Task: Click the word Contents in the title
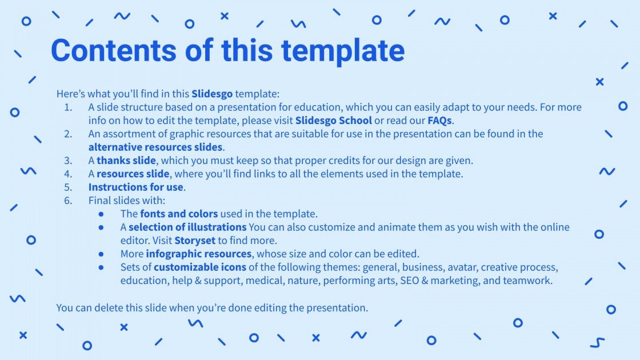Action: point(114,50)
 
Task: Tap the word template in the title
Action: point(343,51)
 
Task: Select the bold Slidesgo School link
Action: point(334,121)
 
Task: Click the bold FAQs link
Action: point(439,121)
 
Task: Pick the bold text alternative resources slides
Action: point(155,147)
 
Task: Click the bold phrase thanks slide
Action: point(126,161)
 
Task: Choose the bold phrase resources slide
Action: point(133,174)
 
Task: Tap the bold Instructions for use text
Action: point(135,187)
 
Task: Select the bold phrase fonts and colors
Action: point(179,214)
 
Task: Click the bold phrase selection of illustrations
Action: point(188,227)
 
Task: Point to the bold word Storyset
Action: point(195,241)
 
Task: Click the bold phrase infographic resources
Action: point(199,254)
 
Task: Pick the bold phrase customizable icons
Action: point(200,267)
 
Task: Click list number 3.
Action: point(68,161)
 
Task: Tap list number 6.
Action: point(68,201)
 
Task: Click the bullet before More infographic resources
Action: point(101,254)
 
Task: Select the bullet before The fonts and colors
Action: point(101,214)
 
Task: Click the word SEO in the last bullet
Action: point(409,281)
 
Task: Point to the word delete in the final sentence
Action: point(109,308)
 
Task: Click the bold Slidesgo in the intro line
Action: point(212,94)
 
